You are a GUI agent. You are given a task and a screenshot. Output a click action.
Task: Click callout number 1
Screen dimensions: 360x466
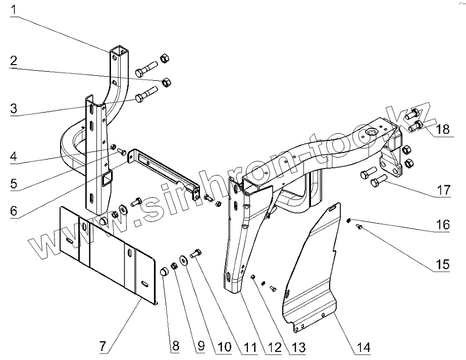click(x=14, y=9)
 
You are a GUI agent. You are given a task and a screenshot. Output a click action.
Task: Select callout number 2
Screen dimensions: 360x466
click(x=14, y=62)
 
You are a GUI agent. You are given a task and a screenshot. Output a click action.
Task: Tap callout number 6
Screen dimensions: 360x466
click(x=14, y=210)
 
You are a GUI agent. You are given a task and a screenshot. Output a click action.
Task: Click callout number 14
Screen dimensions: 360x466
click(x=363, y=347)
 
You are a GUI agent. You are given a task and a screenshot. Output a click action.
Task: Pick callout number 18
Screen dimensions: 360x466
click(x=442, y=129)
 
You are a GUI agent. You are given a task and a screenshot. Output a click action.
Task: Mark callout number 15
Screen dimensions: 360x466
click(x=442, y=264)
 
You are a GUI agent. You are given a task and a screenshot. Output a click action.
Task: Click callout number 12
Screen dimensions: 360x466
click(x=274, y=347)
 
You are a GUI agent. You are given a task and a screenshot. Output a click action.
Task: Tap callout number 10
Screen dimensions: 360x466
click(x=224, y=347)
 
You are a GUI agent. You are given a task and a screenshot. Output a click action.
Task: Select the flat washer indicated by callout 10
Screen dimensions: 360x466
click(x=184, y=258)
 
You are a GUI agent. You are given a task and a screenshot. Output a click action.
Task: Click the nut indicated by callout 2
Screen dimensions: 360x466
click(x=166, y=82)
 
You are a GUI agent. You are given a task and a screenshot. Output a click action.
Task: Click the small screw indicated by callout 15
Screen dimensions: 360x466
click(x=359, y=228)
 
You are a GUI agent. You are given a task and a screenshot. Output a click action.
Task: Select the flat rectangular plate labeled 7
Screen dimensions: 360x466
click(x=106, y=251)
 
